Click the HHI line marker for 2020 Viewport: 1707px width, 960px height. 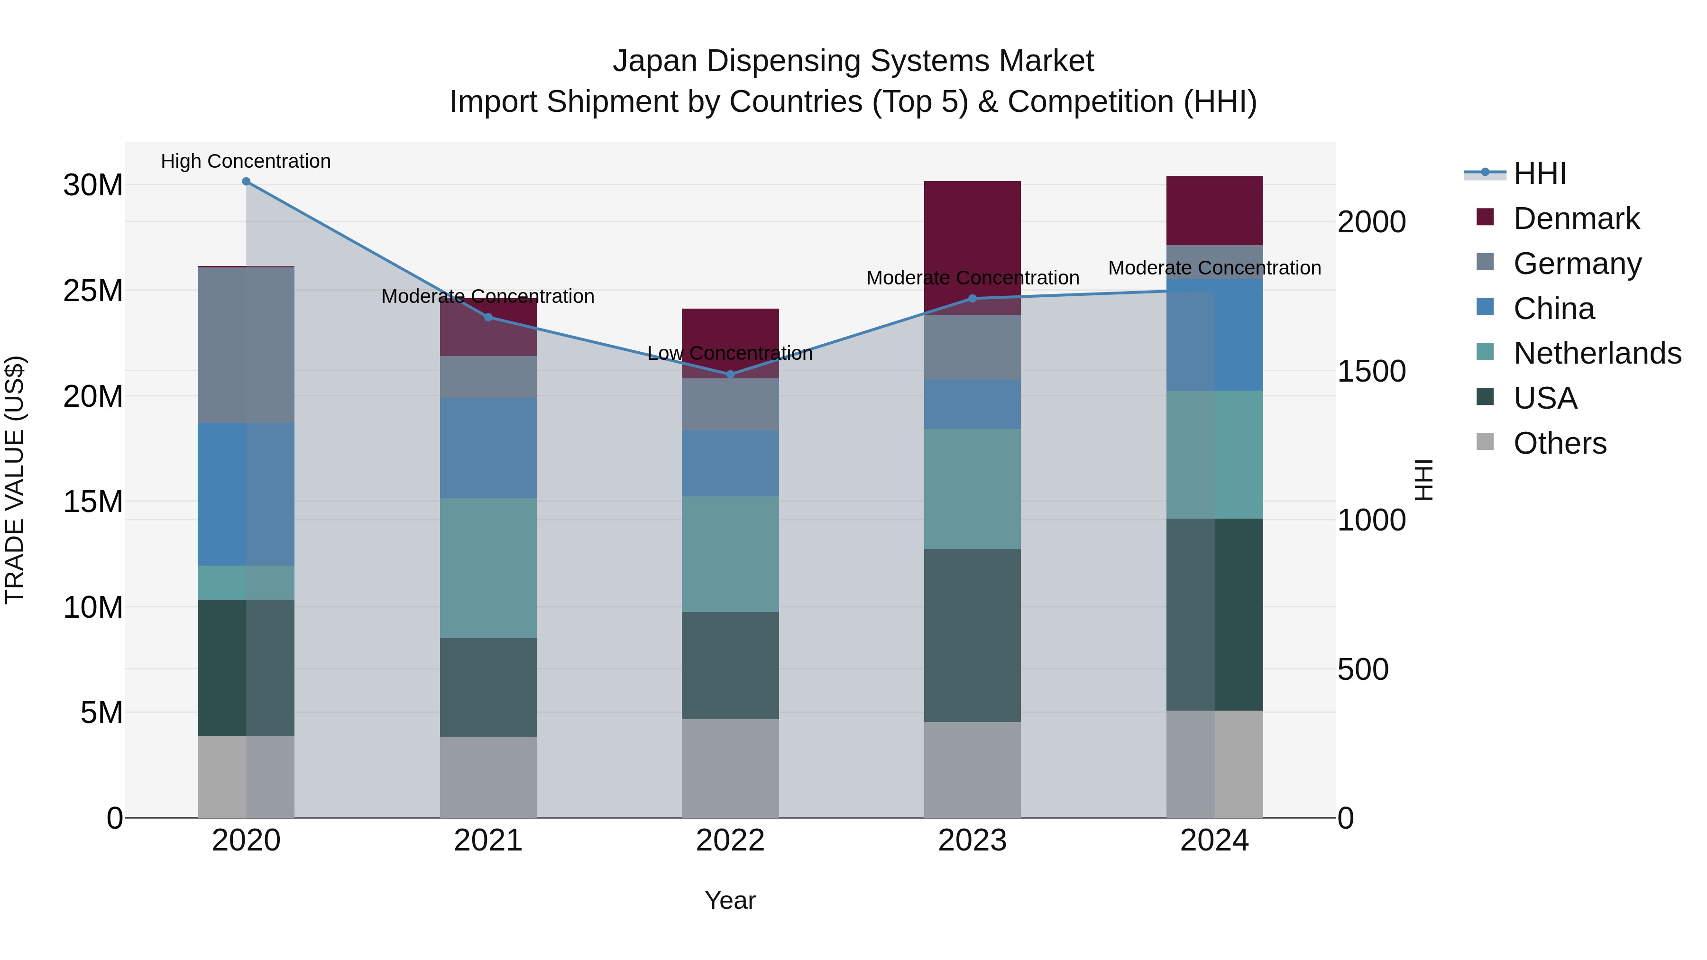(246, 182)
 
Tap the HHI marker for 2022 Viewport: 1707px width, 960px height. (730, 375)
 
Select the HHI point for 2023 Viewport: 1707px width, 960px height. (972, 298)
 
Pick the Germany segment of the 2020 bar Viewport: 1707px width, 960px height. (246, 345)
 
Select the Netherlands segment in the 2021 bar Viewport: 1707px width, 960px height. (488, 568)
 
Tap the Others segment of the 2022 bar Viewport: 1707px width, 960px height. (730, 768)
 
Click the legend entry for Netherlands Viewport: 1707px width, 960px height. (1597, 353)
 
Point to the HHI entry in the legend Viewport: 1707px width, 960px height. (1539, 174)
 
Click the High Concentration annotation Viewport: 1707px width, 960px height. (246, 161)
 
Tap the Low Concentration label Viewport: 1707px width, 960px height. (730, 353)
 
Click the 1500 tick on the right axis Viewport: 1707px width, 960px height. (1371, 371)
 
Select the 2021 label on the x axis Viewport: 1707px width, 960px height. (488, 841)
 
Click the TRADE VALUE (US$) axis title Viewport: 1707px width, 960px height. (15, 480)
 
